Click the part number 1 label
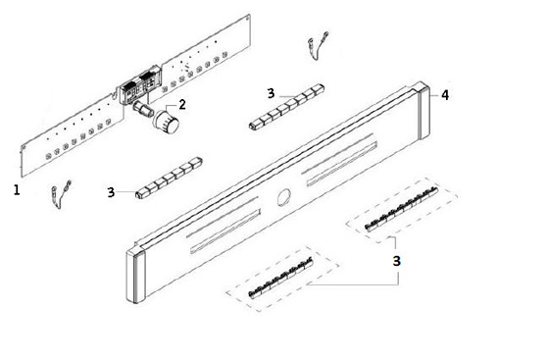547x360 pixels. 17,190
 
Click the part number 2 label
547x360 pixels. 182,104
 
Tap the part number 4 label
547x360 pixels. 445,95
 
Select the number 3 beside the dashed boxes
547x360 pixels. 397,261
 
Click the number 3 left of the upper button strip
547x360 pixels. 271,93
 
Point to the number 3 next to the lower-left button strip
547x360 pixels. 111,192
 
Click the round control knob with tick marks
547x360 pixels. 166,122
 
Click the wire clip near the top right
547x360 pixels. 317,46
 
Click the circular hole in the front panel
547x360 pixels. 284,197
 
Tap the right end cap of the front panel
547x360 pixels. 423,111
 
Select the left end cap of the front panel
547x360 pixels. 135,276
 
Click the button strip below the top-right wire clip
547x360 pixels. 287,107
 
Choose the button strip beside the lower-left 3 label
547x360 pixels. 170,178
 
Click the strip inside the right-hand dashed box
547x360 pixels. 401,209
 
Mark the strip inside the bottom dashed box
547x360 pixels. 280,278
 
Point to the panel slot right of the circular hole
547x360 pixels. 342,164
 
